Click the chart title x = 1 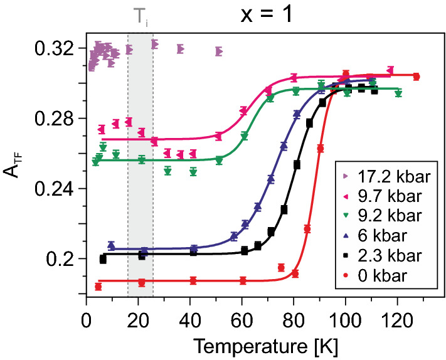[x=265, y=15]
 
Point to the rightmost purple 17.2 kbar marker [x=218, y=51]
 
